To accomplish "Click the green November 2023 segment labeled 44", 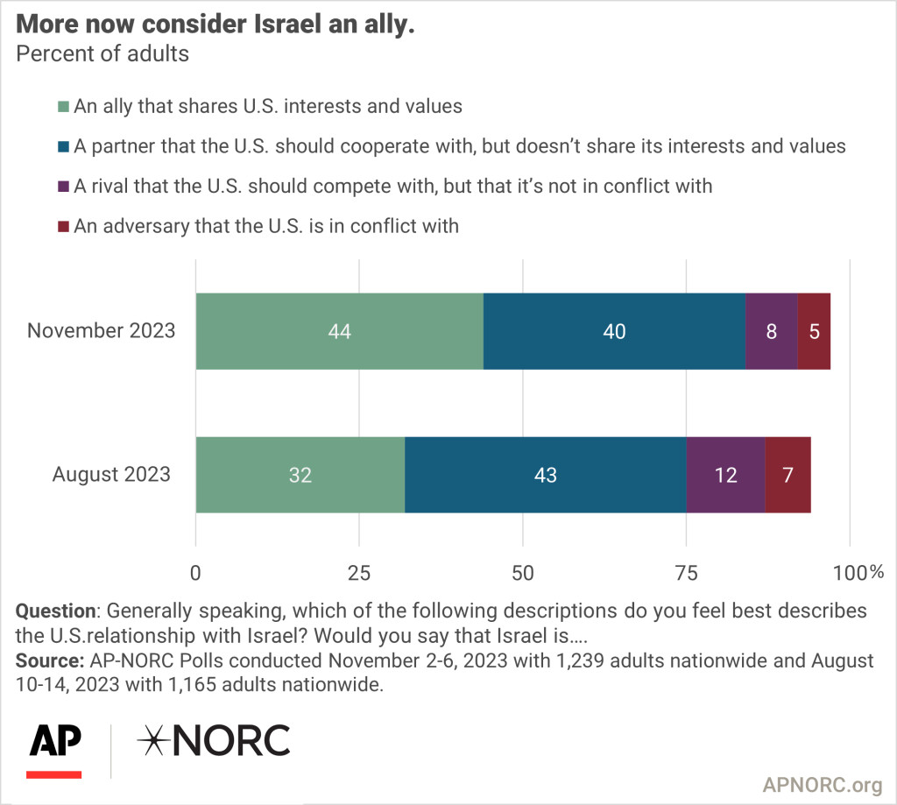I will click(339, 331).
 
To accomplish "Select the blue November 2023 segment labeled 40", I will click(614, 331).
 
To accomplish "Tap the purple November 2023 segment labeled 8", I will click(772, 331).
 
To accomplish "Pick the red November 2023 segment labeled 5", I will click(814, 331).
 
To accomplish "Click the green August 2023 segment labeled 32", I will click(300, 474).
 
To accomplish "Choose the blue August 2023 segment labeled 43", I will click(545, 474).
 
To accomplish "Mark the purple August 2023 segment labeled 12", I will click(725, 474).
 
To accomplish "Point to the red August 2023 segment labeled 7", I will click(788, 474).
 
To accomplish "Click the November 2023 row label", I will click(102, 331).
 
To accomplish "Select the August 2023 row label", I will click(111, 474).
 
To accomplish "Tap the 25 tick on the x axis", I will click(359, 573).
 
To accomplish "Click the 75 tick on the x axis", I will click(686, 573).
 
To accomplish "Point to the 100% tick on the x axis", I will click(858, 573).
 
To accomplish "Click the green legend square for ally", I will click(63, 108).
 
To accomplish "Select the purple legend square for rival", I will click(63, 187).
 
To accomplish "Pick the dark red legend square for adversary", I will click(63, 226).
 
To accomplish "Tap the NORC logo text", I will click(214, 741).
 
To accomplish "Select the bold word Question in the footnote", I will click(56, 611).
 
